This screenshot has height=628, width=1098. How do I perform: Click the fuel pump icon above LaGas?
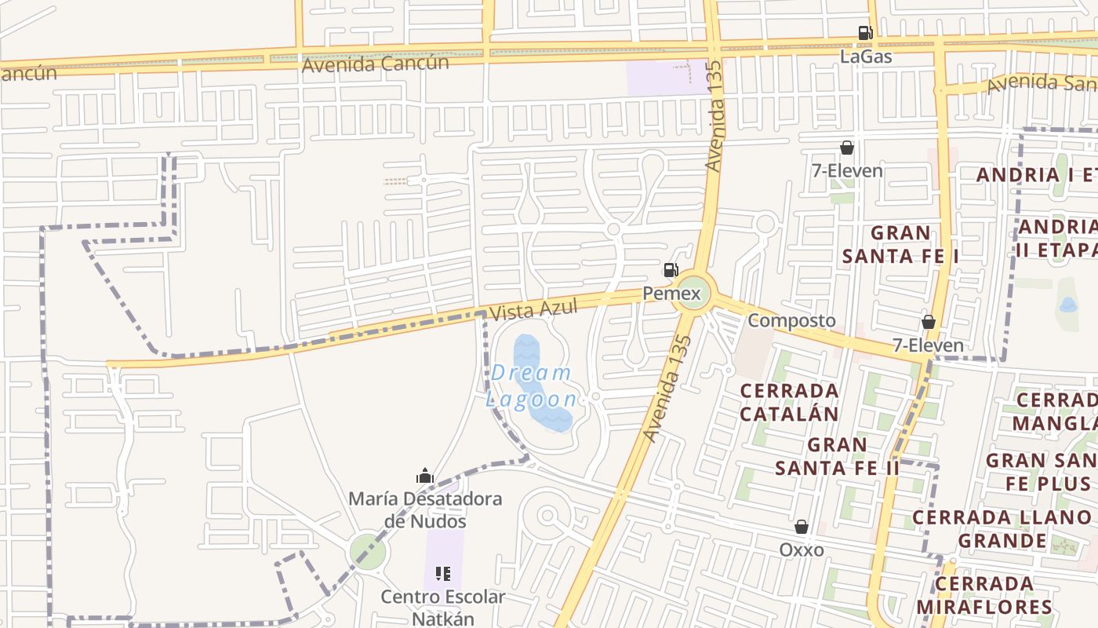tap(865, 33)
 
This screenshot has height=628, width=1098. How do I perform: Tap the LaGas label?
tap(866, 57)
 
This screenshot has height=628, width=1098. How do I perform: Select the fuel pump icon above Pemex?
tap(671, 271)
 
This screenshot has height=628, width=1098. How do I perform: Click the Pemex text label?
tap(671, 294)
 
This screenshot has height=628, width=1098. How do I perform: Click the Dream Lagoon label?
tap(532, 385)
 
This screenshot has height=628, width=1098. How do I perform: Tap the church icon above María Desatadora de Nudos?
tap(425, 476)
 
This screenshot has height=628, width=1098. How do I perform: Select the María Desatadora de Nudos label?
tap(425, 509)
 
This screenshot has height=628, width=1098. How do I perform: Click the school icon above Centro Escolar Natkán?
tap(443, 574)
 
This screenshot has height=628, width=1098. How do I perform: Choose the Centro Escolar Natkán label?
tap(443, 607)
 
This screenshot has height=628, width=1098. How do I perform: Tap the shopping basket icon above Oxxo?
tap(802, 527)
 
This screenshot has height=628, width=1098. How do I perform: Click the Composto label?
tap(791, 320)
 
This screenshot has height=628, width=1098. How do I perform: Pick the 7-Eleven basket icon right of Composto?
tap(929, 322)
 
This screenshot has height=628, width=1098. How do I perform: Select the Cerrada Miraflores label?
tap(983, 595)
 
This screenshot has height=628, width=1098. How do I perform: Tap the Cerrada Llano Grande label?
tap(1002, 528)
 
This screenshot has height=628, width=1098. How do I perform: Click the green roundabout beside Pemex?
tap(694, 293)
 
